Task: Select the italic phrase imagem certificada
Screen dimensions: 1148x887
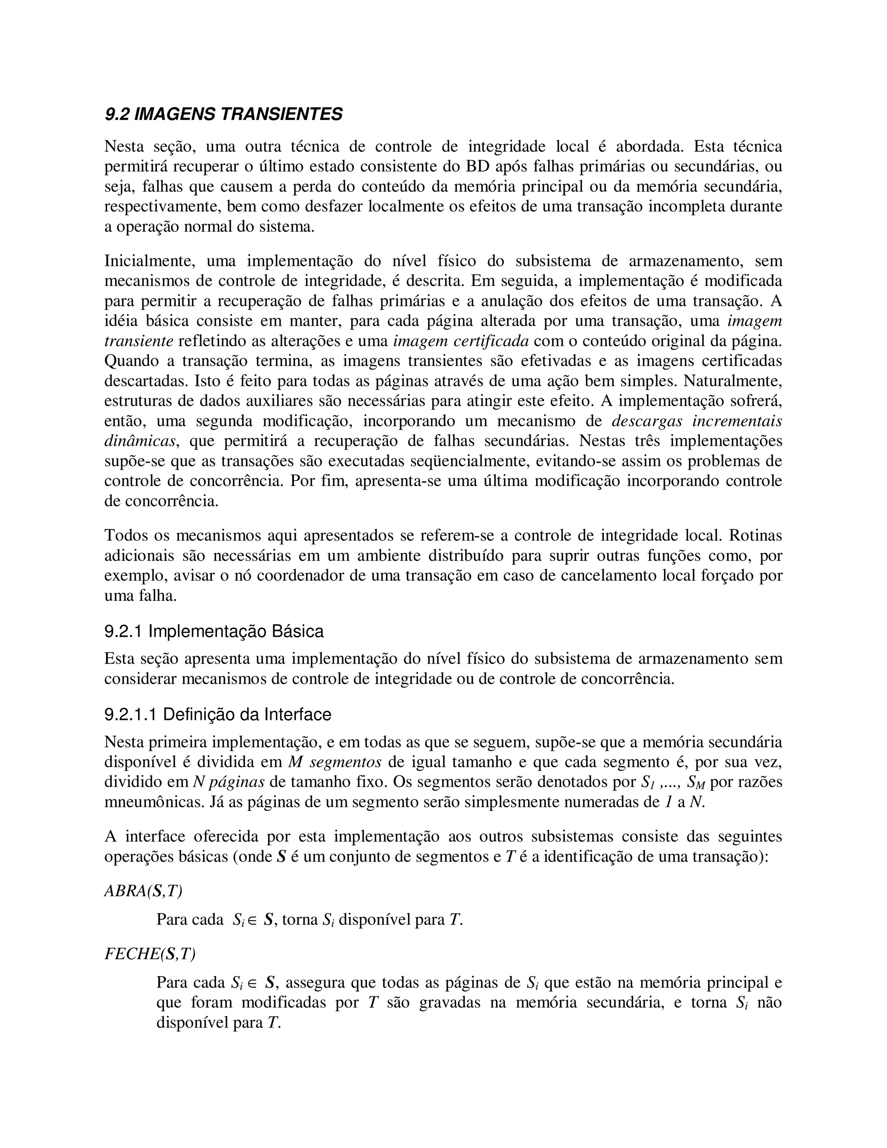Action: tap(461, 341)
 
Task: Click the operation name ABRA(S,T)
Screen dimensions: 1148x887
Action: tap(143, 890)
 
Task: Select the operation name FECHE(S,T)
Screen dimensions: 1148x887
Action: tap(150, 954)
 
